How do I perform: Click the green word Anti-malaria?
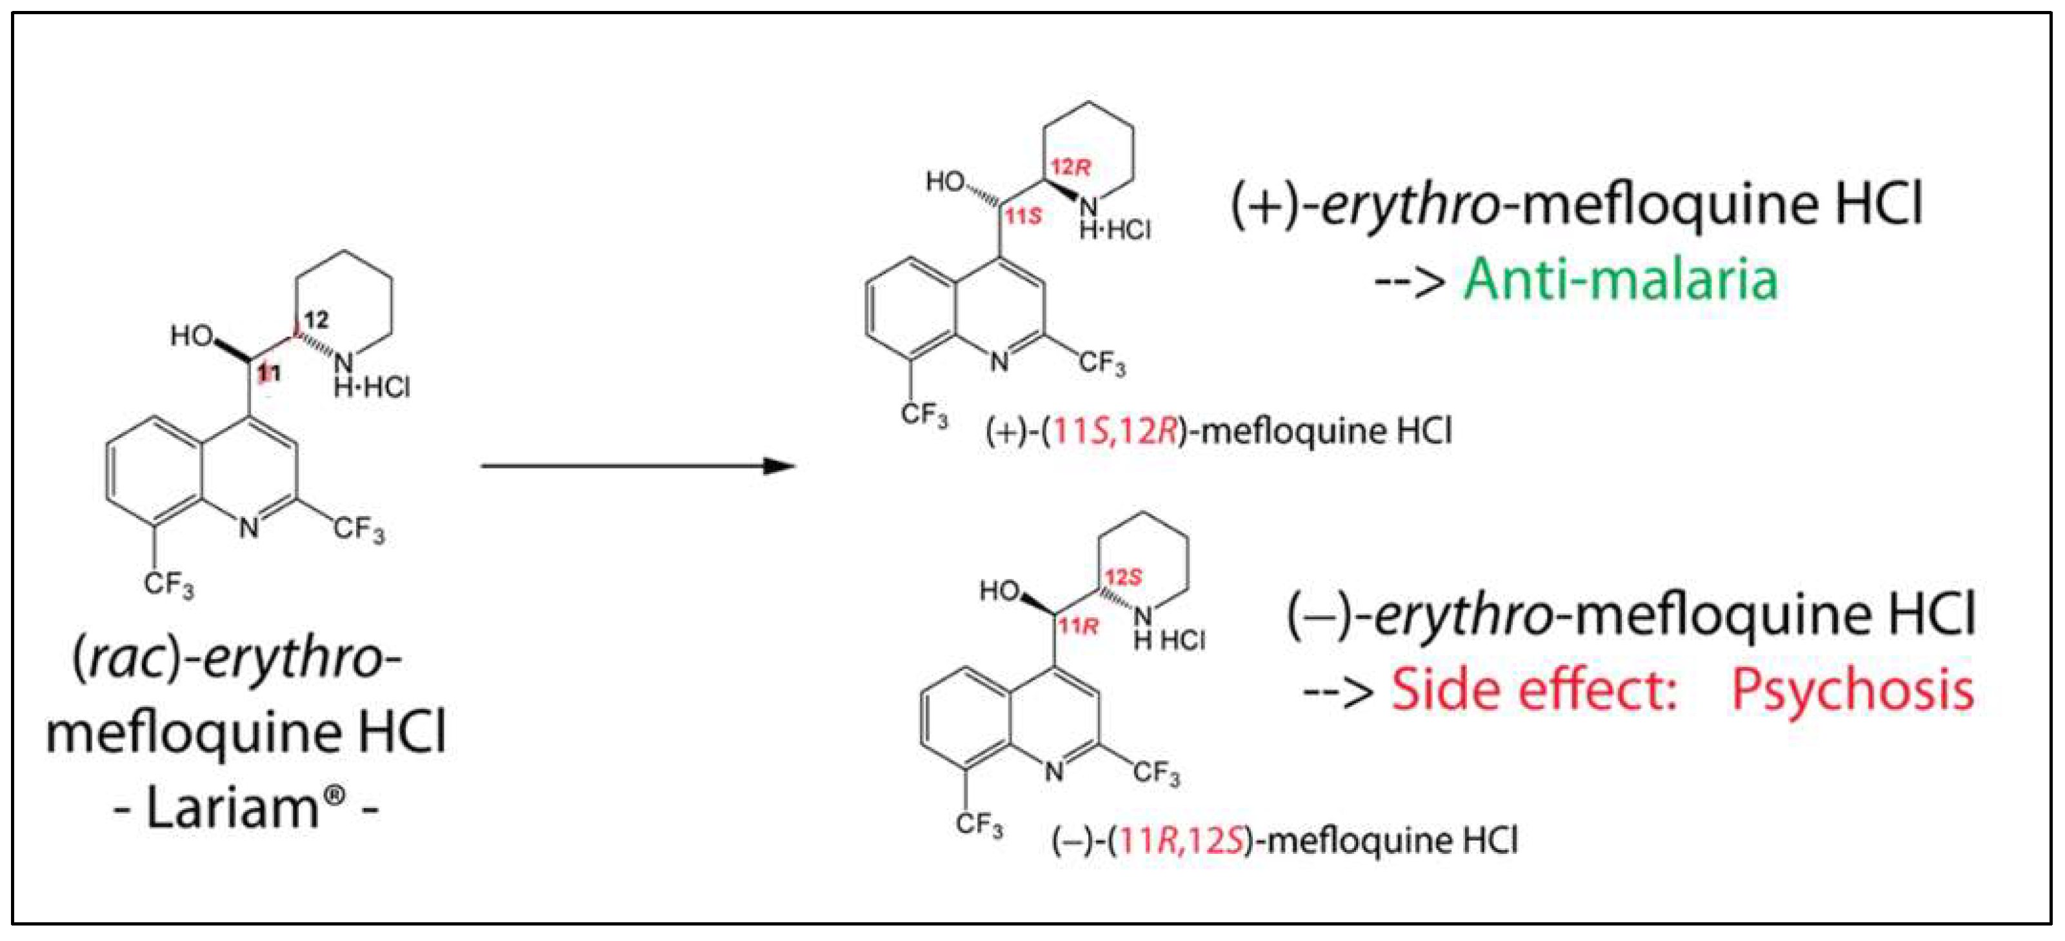[1621, 281]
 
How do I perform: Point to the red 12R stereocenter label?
[1070, 168]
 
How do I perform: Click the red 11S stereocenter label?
[1024, 217]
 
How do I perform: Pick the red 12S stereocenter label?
[1124, 577]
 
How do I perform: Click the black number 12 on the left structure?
[316, 320]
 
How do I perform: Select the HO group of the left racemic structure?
[191, 336]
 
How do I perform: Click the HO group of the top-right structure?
[946, 182]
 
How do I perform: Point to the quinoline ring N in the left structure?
[249, 528]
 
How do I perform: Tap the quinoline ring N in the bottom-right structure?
[1054, 771]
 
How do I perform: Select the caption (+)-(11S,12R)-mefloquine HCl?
[1219, 432]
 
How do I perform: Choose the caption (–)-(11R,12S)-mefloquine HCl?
[1284, 841]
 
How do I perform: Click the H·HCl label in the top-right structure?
[1114, 231]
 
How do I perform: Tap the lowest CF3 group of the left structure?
[169, 585]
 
